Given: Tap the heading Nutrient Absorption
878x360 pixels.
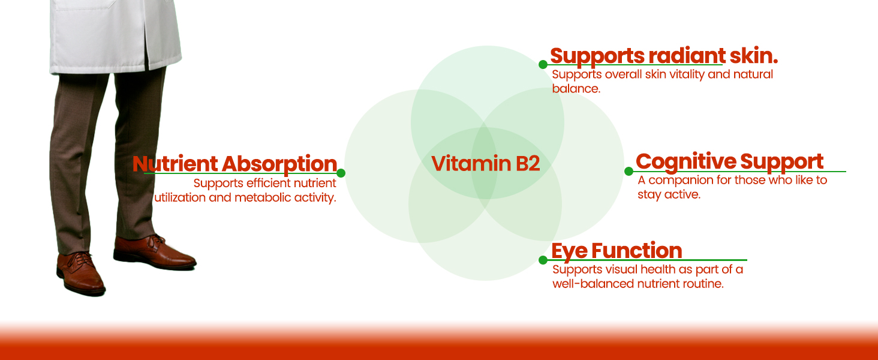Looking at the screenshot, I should tap(234, 164).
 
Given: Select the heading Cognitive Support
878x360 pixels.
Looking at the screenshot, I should tap(729, 161).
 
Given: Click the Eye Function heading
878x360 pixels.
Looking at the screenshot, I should tap(617, 250).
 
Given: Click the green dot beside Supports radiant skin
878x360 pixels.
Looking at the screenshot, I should tap(543, 64).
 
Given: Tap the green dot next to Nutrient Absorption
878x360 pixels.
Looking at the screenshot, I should tap(341, 173).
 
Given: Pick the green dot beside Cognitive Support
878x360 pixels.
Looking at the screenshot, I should tap(629, 171).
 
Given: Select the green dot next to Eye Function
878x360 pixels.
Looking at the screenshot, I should tap(543, 260).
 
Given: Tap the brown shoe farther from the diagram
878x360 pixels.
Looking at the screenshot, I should tap(81, 273).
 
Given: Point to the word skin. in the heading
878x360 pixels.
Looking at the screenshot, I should tap(754, 56).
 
